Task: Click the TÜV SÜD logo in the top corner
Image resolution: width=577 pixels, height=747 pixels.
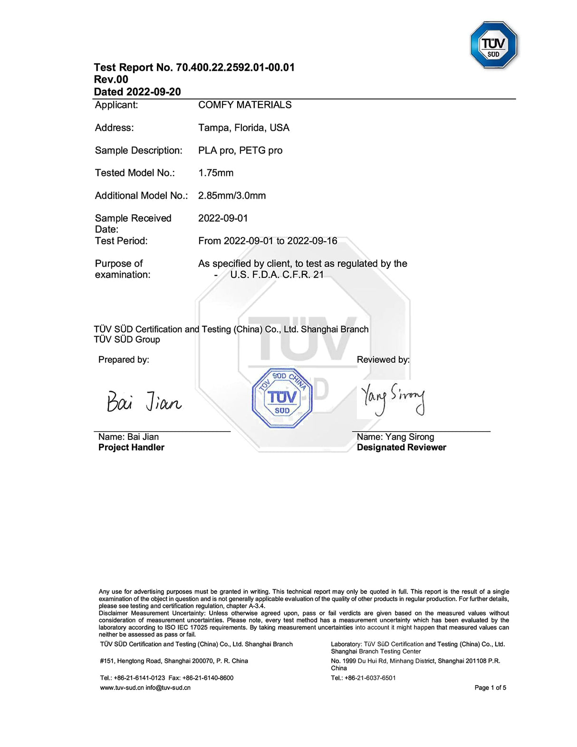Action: (493, 45)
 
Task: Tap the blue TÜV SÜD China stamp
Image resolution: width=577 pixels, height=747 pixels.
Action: (282, 398)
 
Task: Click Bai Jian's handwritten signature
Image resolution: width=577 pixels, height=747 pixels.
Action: (144, 402)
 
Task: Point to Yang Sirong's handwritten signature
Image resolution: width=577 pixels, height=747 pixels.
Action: (393, 398)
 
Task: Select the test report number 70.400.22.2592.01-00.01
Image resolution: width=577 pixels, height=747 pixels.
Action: (235, 68)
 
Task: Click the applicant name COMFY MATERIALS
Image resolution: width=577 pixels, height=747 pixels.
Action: (245, 105)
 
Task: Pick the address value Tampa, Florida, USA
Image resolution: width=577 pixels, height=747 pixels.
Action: (243, 128)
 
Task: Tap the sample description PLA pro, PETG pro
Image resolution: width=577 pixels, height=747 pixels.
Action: (240, 151)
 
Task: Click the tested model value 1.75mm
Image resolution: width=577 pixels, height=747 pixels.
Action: (216, 173)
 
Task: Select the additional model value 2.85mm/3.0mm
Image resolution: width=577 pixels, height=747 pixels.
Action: (232, 196)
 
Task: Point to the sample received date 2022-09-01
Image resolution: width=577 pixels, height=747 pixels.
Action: (223, 218)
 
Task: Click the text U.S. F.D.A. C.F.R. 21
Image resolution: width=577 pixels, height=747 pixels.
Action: (277, 275)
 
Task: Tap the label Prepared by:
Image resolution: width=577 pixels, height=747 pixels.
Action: (124, 360)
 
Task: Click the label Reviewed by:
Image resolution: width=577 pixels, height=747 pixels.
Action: (383, 360)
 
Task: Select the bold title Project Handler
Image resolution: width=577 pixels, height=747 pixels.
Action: (131, 447)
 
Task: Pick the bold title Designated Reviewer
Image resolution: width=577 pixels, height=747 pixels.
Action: (401, 447)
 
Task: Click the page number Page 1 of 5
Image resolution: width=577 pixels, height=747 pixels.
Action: (490, 688)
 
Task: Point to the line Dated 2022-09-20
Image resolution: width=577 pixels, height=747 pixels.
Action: (137, 92)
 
